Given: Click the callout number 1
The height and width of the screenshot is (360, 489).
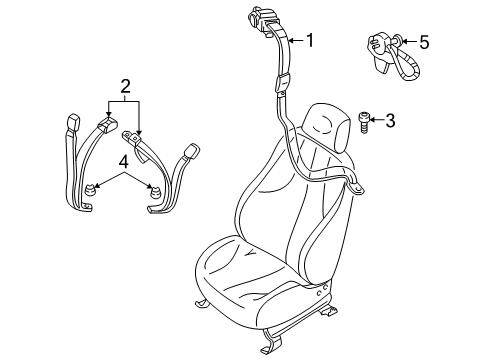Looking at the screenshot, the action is pyautogui.click(x=310, y=41).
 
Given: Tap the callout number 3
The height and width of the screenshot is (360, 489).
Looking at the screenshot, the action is pyautogui.click(x=390, y=122).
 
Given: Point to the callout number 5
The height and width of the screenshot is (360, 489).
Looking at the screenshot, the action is pyautogui.click(x=424, y=42).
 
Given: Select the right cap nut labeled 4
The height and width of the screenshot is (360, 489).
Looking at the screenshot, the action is pyautogui.click(x=156, y=192).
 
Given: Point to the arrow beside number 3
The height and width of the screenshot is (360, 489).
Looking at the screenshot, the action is pyautogui.click(x=375, y=122).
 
